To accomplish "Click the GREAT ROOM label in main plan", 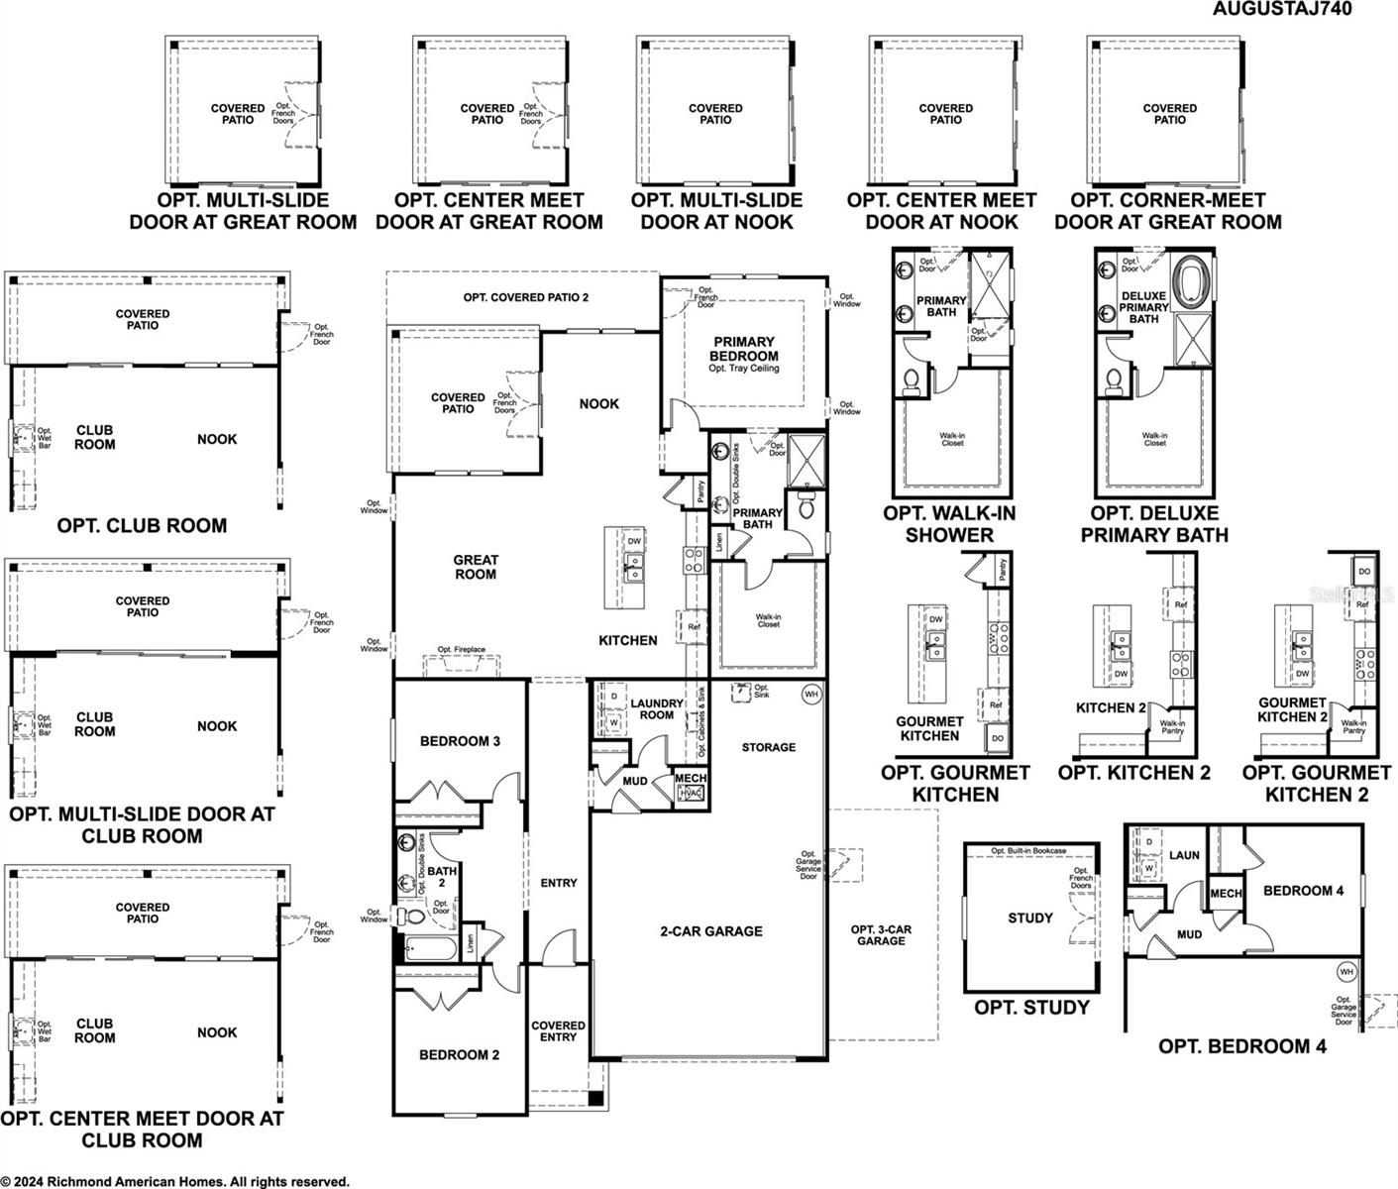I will [x=476, y=567].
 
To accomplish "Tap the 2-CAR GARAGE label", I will [x=711, y=931].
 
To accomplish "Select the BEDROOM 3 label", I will [x=460, y=741].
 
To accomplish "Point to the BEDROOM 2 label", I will [x=459, y=1055].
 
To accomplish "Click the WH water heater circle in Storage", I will [x=811, y=695].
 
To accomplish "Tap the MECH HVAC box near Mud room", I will [x=691, y=787].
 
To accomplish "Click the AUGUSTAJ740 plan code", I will [x=1282, y=9].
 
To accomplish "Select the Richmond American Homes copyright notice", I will [x=175, y=1181].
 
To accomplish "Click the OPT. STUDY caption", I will [x=1031, y=1008].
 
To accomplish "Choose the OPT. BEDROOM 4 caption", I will [x=1242, y=1046].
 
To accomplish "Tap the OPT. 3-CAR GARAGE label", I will [x=881, y=935].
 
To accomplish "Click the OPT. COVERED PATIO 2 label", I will [x=526, y=297].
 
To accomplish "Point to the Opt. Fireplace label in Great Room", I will [x=462, y=650].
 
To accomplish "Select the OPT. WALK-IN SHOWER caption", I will [x=949, y=524].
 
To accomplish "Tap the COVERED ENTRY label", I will [x=558, y=1031].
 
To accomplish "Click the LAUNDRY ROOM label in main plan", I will [x=657, y=709].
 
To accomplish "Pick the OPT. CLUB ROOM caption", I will [x=142, y=526].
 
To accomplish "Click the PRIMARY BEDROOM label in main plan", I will [x=744, y=349].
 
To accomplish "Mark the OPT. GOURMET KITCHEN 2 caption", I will [x=1316, y=783].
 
